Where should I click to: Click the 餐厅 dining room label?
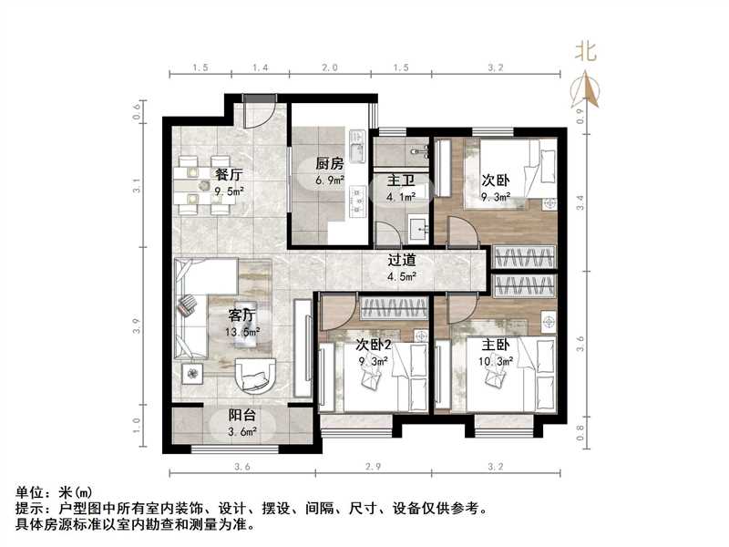pyautogui.click(x=228, y=174)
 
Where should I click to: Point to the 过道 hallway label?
pyautogui.click(x=401, y=259)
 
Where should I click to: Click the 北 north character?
pyautogui.click(x=585, y=53)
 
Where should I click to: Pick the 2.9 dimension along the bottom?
pyautogui.click(x=374, y=468)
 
